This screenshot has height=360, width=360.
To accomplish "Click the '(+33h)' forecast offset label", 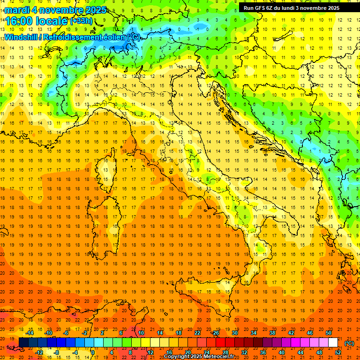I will [81, 21].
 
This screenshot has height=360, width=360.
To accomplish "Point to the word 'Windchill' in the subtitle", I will [21, 37].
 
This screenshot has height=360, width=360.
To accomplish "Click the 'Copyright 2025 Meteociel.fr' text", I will [199, 356].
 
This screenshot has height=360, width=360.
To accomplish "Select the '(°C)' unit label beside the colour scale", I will [349, 343].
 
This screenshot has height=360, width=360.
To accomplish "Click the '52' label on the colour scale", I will [338, 352].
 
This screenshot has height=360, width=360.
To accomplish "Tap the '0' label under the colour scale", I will [93, 352].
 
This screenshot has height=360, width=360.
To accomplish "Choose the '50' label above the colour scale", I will [328, 333].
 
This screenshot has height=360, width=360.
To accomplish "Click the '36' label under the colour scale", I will [263, 352].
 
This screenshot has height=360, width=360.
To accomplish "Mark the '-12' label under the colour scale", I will [39, 352].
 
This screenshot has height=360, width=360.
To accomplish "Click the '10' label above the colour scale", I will [141, 333].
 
